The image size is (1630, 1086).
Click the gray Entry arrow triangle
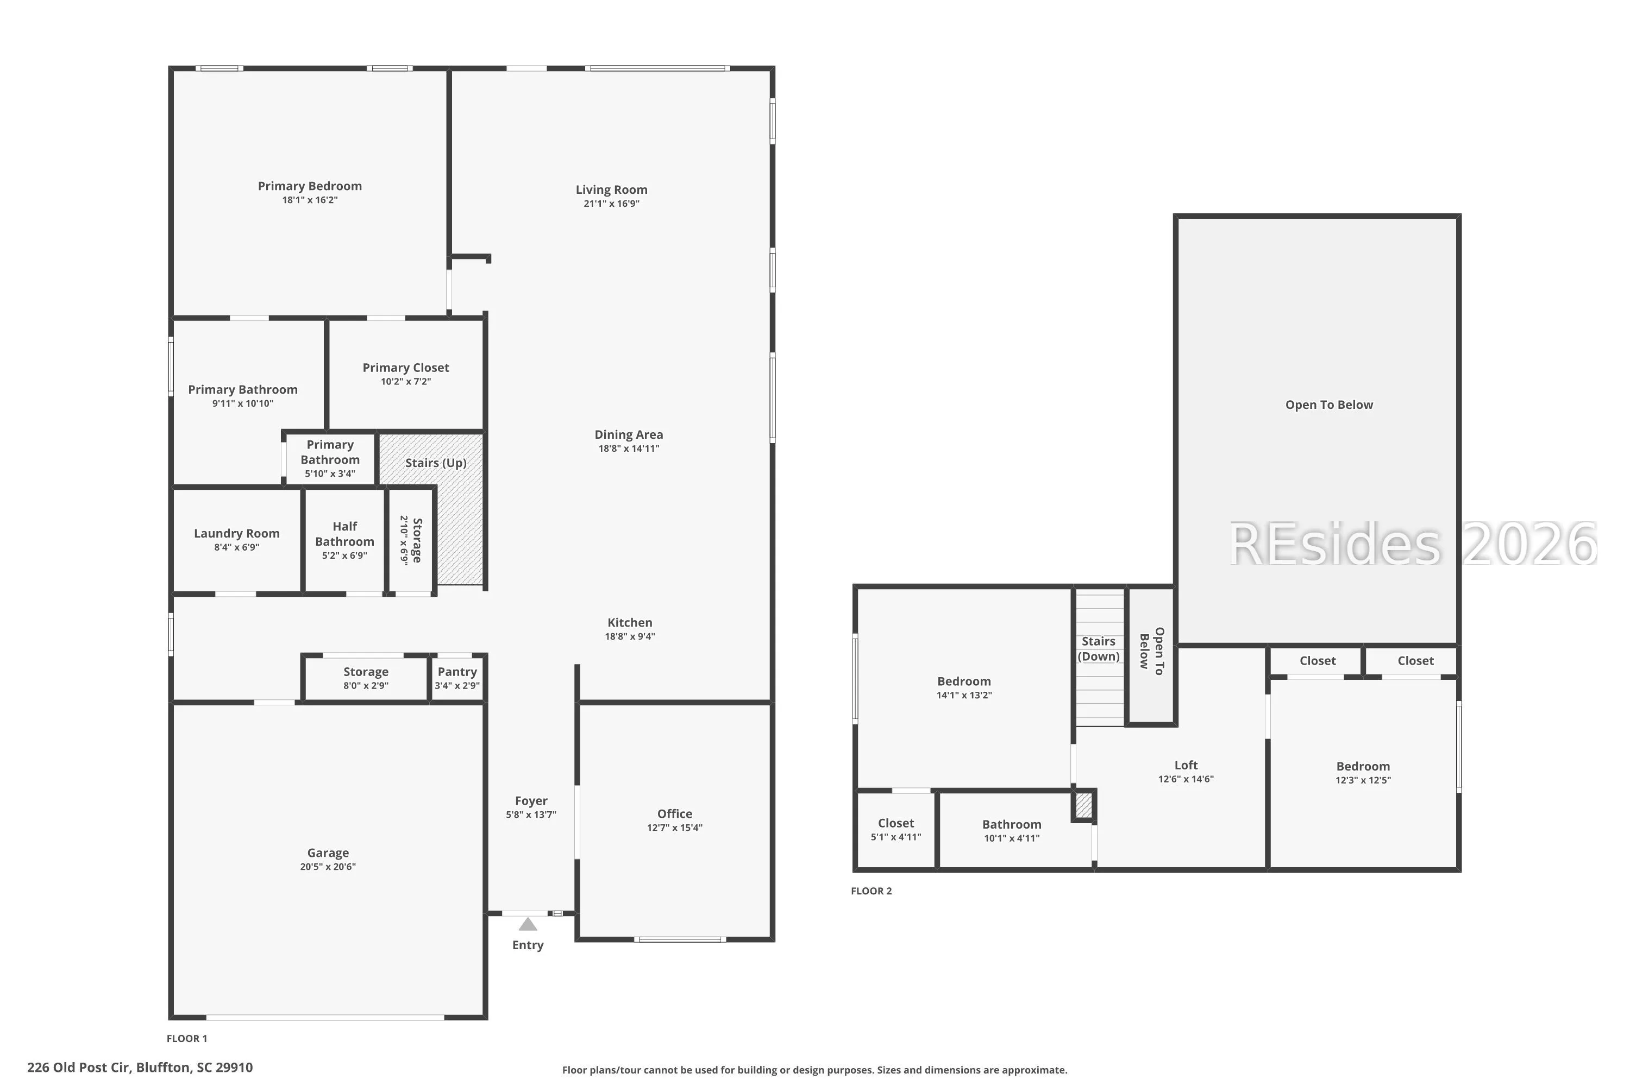(528, 924)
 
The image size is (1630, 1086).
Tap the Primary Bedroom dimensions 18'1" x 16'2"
(310, 200)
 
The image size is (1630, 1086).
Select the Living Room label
(611, 190)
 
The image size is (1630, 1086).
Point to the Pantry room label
(457, 672)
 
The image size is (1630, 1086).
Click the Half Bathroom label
(344, 534)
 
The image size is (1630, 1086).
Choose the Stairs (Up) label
(436, 463)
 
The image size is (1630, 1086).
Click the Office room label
(674, 814)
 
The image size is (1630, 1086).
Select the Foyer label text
(531, 800)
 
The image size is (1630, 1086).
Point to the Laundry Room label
(236, 533)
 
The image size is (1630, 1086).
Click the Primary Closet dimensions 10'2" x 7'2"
(405, 382)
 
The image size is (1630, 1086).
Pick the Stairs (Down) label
(1099, 649)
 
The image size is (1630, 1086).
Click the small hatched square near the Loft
(1083, 805)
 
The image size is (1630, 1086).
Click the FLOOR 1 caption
(186, 1038)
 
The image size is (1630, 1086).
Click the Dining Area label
(629, 435)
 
